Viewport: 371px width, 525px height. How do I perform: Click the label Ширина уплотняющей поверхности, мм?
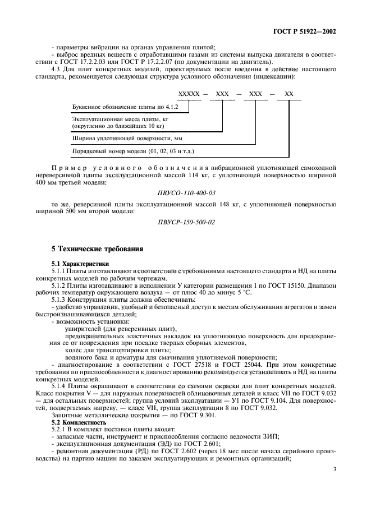point(127,137)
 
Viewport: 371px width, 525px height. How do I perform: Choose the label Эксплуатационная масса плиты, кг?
point(121,119)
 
